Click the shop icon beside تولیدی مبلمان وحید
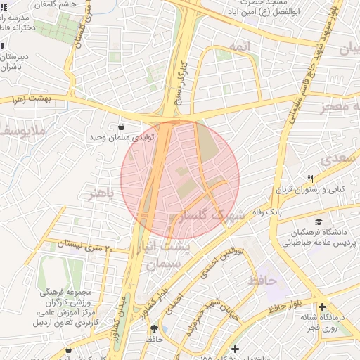click(x=122, y=127)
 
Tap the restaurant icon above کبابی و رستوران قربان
click(x=310, y=179)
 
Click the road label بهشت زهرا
click(x=31, y=99)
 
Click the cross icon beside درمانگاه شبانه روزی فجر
click(x=323, y=307)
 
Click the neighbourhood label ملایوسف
click(x=21, y=131)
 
